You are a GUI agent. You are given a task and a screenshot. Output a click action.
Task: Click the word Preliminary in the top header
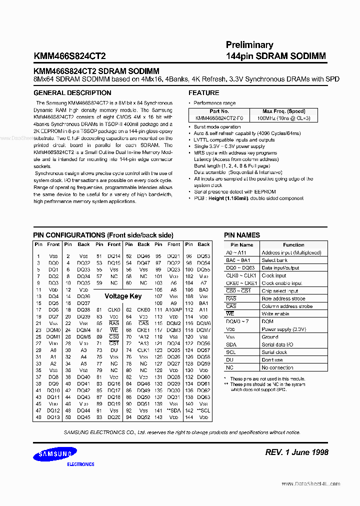[x=249, y=45]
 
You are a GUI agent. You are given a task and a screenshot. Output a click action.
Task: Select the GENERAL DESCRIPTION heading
[x=72, y=93]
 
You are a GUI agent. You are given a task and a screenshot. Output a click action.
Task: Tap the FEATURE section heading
[x=203, y=93]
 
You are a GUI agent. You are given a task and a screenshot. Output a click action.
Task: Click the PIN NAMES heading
[x=241, y=235]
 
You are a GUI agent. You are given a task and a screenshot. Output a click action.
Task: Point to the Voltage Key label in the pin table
[x=123, y=296]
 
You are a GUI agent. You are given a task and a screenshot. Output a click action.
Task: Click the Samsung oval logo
[x=55, y=454]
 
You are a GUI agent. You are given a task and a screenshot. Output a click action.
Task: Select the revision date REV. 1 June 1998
[x=296, y=452]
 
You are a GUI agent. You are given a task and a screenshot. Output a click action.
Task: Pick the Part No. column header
[x=219, y=111]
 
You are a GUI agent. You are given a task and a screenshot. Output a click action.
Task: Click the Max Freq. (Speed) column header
[x=283, y=111]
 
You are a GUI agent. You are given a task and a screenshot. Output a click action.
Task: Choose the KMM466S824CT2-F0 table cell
[x=219, y=118]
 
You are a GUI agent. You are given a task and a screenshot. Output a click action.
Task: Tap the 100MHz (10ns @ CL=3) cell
[x=283, y=118]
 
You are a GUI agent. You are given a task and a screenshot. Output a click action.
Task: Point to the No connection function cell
[x=277, y=367]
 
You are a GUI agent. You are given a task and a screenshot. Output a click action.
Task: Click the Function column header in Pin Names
[x=293, y=245]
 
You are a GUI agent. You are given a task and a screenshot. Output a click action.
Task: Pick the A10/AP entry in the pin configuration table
[x=173, y=310]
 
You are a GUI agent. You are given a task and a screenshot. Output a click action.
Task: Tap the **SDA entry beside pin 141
[x=173, y=410]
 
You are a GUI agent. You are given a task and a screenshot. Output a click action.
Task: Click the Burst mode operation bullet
[x=217, y=127]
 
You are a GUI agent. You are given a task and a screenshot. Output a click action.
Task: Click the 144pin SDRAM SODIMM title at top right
[x=275, y=56]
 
